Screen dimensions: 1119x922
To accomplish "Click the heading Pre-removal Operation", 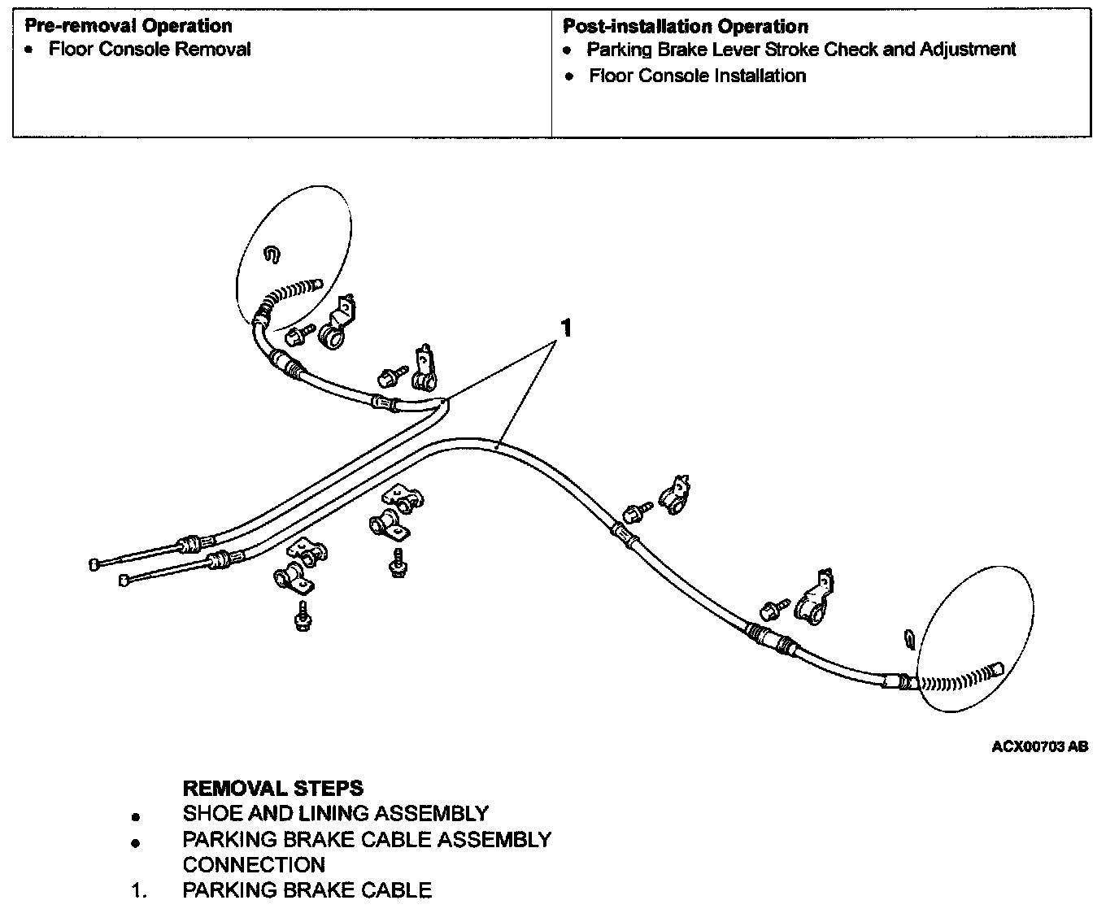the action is pos(128,26).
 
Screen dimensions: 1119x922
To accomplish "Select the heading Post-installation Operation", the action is pos(686,26).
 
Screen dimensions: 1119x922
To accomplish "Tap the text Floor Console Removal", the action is pos(150,50).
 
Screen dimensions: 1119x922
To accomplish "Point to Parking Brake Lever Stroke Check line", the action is pos(801,50).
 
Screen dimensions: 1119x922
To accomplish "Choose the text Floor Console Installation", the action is pos(697,76).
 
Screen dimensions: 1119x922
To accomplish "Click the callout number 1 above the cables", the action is pos(566,328).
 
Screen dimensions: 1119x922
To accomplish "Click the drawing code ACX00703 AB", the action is pos(1039,746).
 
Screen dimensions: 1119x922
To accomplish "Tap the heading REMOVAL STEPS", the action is pos(272,788).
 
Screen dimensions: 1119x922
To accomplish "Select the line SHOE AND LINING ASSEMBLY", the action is pos(336,813).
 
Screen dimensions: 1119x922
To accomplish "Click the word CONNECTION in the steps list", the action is pos(254,864).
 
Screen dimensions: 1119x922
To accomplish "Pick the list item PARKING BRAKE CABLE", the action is pos(307,889).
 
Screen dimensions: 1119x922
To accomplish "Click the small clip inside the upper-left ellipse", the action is pos(272,254).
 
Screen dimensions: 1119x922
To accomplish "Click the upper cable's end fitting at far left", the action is pos(94,565).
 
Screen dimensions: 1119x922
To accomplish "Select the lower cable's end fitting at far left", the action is pos(124,581).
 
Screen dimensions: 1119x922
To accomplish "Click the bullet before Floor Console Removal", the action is pos(29,50).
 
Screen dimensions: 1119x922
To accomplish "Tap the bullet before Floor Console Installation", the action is pos(568,77).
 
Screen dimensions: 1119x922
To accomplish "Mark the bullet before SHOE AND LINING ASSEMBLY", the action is pos(136,817).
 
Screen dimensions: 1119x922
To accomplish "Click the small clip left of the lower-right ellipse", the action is pos(909,638).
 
